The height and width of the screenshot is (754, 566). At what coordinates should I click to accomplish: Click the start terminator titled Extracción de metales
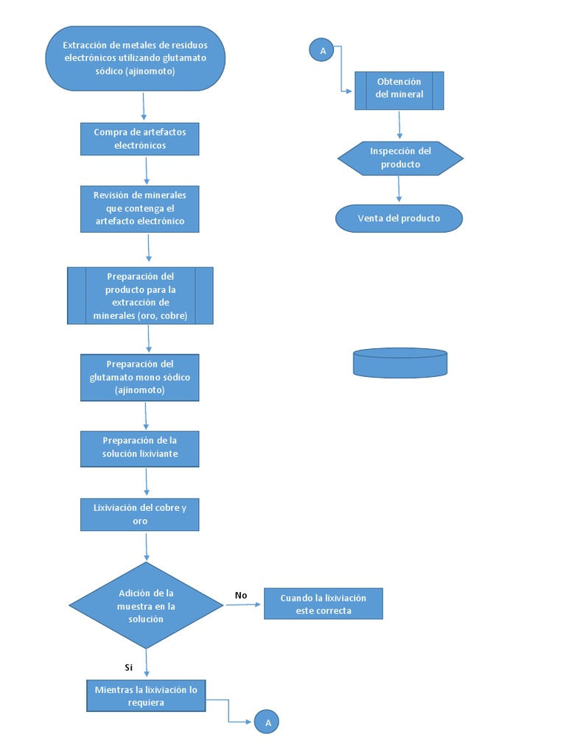click(x=135, y=59)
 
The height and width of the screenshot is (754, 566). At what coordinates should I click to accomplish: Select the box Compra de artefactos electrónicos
click(x=139, y=138)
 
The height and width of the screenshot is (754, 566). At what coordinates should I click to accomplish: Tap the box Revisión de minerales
click(x=139, y=208)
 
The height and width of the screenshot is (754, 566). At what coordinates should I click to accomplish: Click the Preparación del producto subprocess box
click(x=140, y=296)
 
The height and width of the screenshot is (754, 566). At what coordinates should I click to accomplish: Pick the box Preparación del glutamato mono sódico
click(x=139, y=377)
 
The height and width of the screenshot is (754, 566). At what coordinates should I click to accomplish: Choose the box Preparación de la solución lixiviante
click(x=139, y=448)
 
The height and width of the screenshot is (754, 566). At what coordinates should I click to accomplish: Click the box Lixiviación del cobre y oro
click(x=139, y=514)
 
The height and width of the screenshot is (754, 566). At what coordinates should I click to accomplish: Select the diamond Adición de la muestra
click(x=146, y=605)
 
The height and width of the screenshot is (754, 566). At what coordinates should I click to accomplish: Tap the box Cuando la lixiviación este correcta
click(x=323, y=604)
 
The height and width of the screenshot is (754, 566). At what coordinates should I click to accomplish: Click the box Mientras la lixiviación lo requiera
click(x=145, y=696)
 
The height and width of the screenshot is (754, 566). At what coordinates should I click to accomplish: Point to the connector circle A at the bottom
click(x=268, y=723)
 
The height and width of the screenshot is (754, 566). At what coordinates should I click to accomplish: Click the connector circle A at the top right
click(x=321, y=50)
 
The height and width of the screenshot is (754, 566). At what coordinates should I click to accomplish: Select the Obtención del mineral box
click(x=399, y=90)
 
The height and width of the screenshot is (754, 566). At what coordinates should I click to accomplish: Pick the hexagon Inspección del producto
click(x=400, y=158)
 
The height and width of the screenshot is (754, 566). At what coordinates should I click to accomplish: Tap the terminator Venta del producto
click(x=399, y=218)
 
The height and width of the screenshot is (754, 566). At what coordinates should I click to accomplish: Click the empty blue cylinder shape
click(x=400, y=362)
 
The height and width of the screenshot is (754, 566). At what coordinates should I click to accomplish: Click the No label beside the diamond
click(x=241, y=595)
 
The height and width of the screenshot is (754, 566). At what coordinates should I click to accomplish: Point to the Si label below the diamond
click(x=129, y=667)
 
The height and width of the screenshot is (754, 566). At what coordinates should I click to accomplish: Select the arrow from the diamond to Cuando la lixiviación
click(x=243, y=605)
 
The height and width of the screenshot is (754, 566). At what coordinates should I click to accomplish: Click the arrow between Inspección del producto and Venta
click(x=399, y=188)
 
